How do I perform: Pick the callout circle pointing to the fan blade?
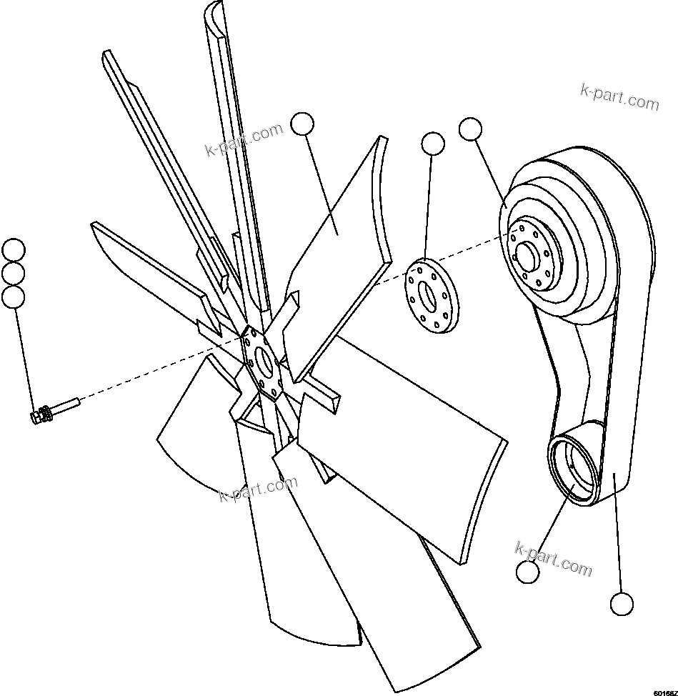click(x=303, y=124)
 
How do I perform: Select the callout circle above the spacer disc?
click(x=433, y=144)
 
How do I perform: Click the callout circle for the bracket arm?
click(x=622, y=604)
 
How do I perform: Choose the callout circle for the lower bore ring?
click(x=527, y=572)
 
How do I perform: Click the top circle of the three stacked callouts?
click(x=14, y=251)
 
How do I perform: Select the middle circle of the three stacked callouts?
click(x=14, y=273)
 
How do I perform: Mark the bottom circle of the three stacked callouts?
click(x=14, y=297)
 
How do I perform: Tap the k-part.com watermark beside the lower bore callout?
click(x=554, y=558)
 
